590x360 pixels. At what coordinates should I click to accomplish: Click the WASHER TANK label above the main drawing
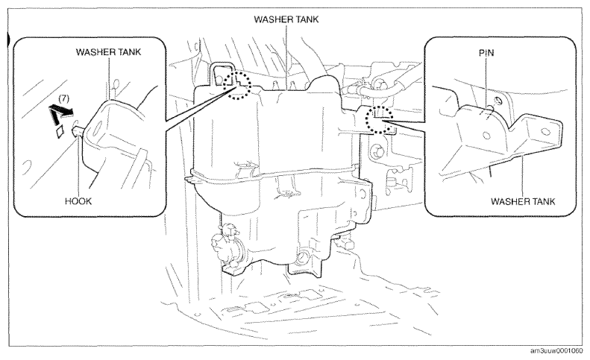tap(286, 19)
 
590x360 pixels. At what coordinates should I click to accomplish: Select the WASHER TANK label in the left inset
tap(108, 52)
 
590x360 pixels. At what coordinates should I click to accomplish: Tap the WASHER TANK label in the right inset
tap(523, 202)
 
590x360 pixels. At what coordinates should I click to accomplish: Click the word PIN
tap(486, 53)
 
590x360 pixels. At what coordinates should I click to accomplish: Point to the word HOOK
tap(78, 201)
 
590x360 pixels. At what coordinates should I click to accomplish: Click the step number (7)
tap(64, 98)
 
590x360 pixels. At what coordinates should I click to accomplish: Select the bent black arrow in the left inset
tap(60, 114)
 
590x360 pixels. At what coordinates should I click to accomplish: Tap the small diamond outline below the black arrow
tap(59, 133)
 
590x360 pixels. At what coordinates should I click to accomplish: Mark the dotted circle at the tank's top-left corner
tap(236, 86)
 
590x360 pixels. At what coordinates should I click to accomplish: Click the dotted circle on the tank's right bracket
tap(380, 119)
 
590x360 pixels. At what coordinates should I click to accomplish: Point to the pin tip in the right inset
tap(491, 109)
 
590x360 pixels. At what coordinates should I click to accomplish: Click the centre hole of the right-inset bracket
tap(486, 136)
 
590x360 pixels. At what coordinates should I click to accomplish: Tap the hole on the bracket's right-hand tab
tap(543, 132)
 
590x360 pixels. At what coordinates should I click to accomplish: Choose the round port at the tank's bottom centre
tap(304, 258)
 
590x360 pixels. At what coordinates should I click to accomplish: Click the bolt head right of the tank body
tap(376, 152)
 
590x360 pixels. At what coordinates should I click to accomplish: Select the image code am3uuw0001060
tap(556, 351)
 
